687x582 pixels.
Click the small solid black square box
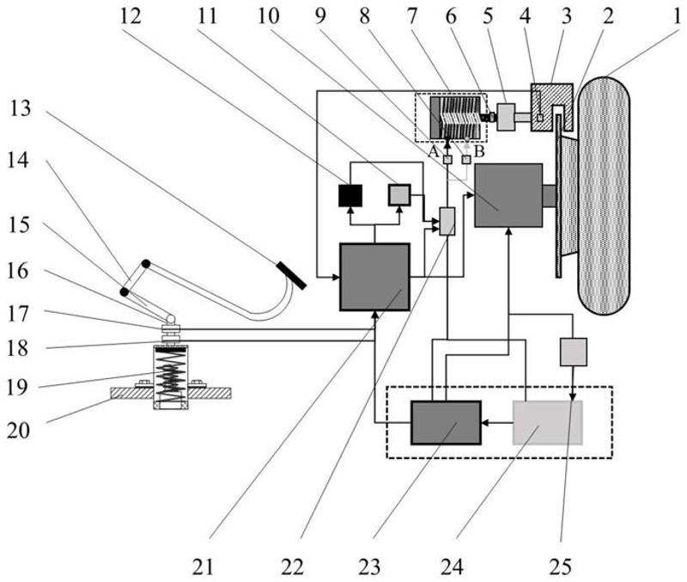pos(350,196)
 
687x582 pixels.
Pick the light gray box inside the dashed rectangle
pos(547,422)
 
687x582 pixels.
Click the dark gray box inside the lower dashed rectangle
pos(445,422)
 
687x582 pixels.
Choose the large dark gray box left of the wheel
pos(508,195)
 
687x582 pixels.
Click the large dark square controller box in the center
pos(374,277)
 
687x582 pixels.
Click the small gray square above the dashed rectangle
pos(574,351)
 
